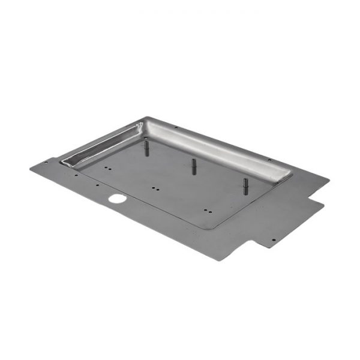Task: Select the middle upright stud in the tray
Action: tap(194, 166)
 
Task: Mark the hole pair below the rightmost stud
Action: tap(207, 211)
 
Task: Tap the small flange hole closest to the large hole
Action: tap(97, 185)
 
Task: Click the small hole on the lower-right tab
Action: tap(274, 240)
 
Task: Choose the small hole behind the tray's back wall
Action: tap(176, 127)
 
